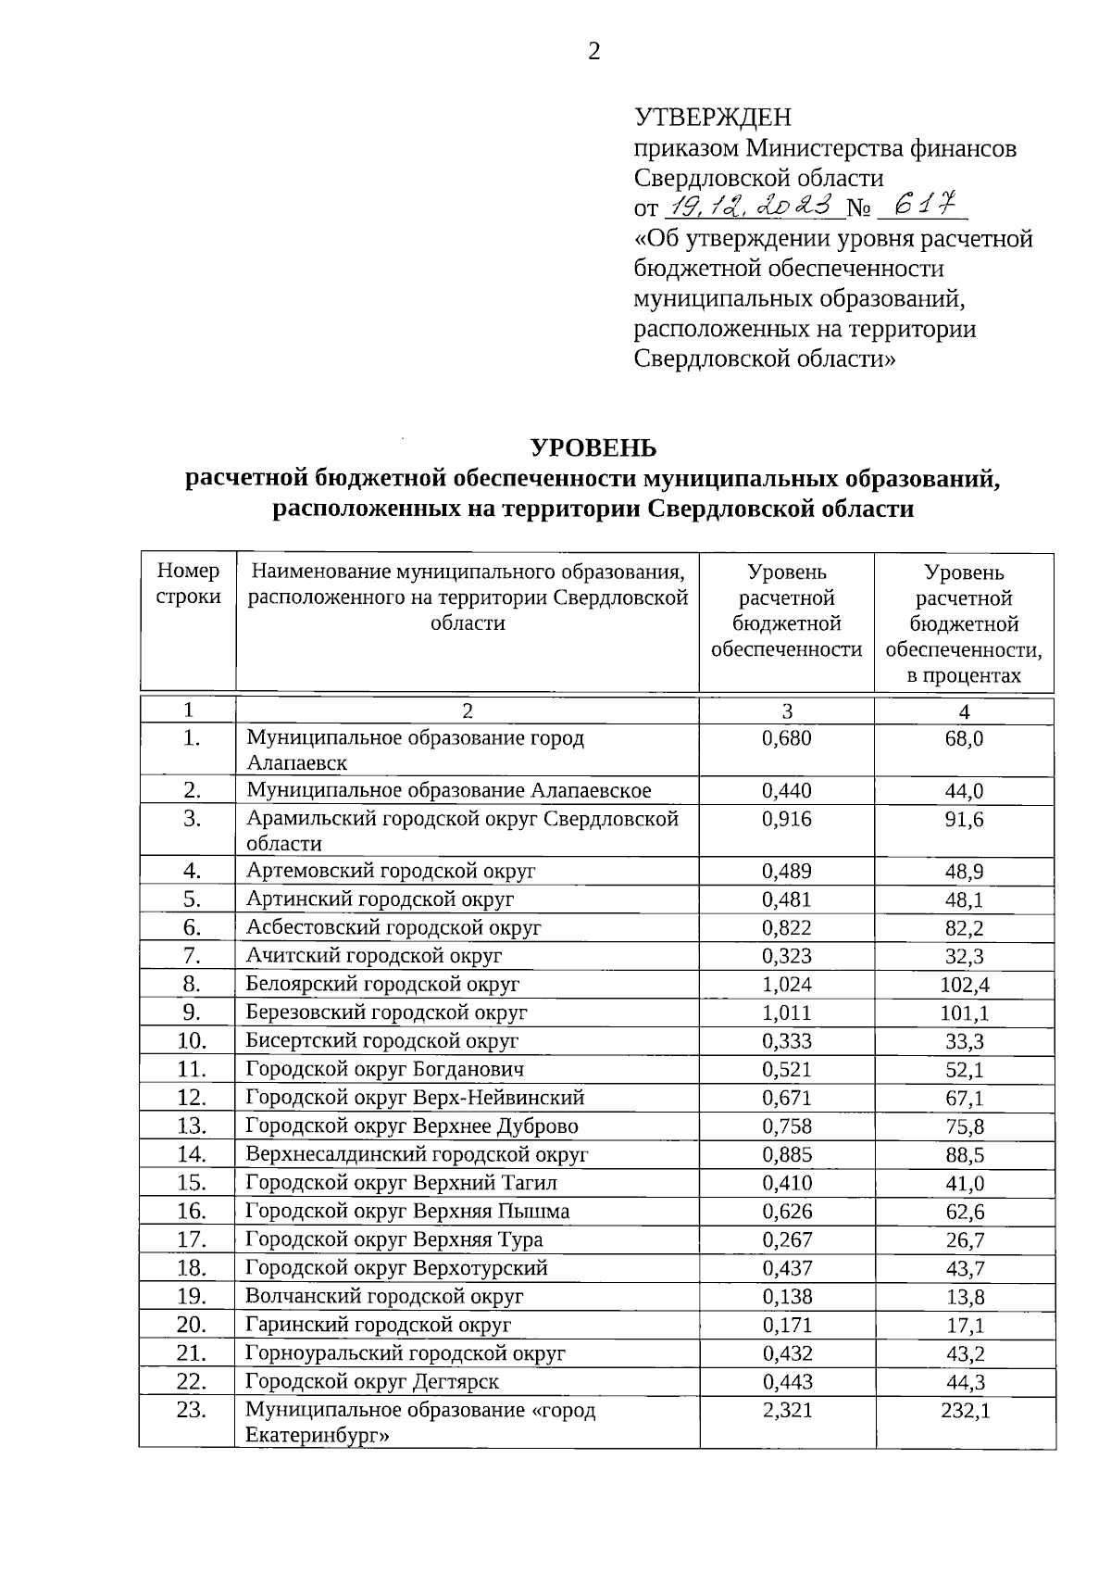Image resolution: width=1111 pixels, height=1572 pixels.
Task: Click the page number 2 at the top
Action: (593, 52)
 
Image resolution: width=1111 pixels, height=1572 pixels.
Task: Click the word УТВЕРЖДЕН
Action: (713, 118)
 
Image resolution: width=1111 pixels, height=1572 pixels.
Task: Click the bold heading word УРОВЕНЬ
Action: (593, 448)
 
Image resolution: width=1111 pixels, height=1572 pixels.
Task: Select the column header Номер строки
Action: (189, 585)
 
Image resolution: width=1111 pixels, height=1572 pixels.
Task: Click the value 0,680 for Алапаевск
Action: (786, 738)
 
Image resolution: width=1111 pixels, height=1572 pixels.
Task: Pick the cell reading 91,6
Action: (964, 820)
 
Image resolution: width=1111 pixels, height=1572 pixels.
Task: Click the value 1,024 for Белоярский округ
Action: (786, 984)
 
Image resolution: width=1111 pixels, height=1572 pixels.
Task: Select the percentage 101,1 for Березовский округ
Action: (964, 1013)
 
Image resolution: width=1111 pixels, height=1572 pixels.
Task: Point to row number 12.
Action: (192, 1098)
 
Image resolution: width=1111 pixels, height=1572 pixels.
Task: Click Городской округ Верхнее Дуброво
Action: (412, 1126)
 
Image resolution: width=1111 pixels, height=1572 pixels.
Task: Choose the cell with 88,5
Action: (964, 1155)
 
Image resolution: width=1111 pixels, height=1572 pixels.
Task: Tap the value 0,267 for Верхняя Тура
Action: (786, 1239)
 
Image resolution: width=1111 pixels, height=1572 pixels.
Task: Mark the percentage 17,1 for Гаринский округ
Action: (964, 1326)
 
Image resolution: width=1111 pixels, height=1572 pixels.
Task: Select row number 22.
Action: (192, 1382)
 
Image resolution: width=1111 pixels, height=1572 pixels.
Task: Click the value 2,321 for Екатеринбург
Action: (786, 1411)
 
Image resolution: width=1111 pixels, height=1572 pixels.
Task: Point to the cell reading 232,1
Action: (964, 1412)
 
